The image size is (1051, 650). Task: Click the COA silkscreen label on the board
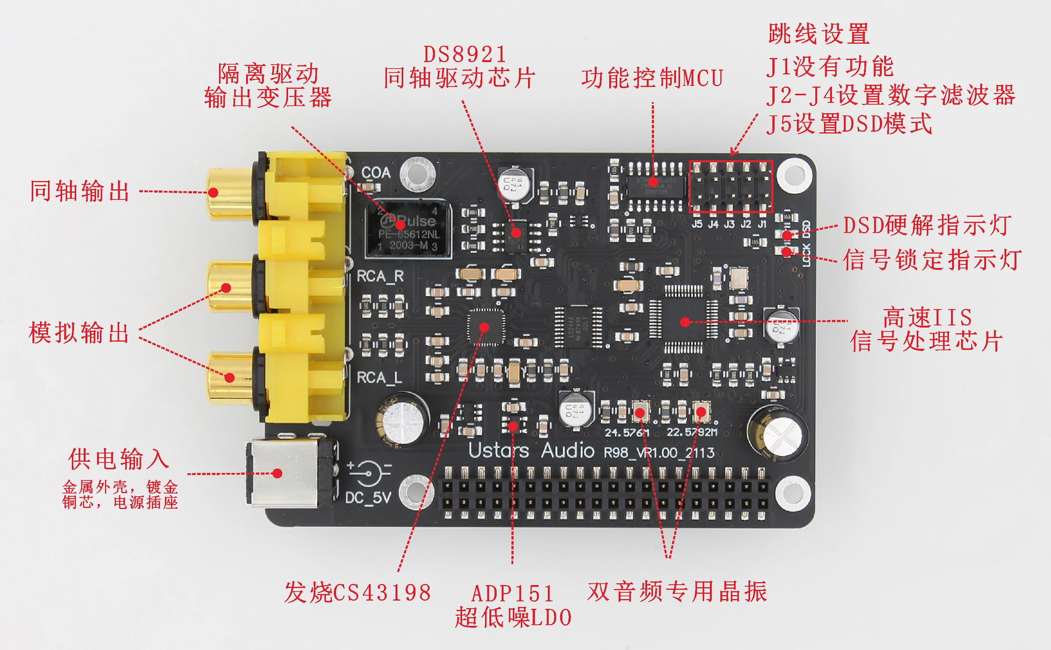tap(376, 173)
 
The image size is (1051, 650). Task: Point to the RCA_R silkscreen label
tap(380, 276)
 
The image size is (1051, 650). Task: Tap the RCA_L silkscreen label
tap(379, 377)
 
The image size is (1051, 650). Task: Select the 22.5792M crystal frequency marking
tap(692, 432)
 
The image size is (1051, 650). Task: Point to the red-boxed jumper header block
tap(731, 186)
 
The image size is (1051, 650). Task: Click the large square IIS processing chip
tap(684, 320)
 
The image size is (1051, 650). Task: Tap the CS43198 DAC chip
tap(486, 327)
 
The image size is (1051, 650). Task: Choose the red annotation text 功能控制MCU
tap(652, 79)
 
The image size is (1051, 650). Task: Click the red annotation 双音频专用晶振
tap(677, 592)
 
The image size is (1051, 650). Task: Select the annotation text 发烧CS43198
tap(357, 593)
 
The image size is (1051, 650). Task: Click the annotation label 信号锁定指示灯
tap(932, 260)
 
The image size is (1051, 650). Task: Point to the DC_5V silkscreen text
tap(368, 498)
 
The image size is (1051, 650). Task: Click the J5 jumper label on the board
tap(697, 224)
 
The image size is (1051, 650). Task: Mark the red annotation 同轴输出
tap(80, 191)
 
